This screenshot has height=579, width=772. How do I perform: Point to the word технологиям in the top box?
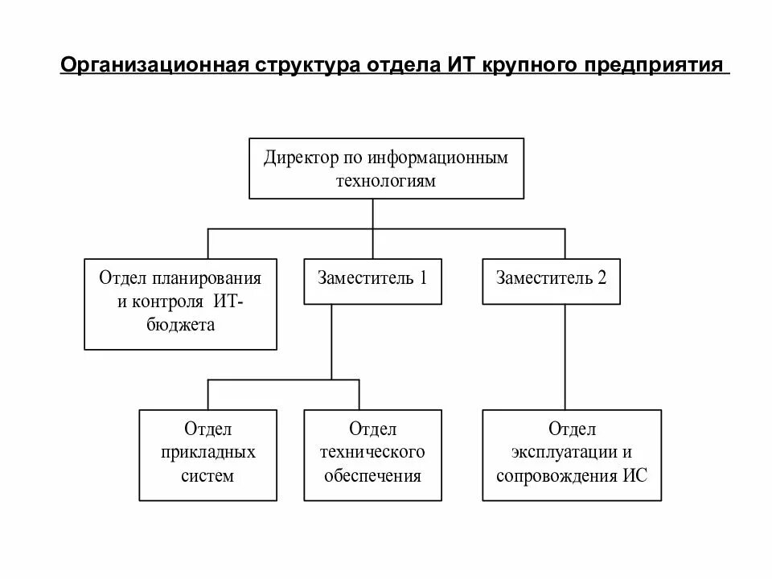coord(385,180)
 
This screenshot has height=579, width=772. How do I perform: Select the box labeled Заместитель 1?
coord(372,281)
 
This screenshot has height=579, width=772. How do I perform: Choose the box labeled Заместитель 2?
coord(551,281)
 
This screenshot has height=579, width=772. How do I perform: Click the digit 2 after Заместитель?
coord(602,278)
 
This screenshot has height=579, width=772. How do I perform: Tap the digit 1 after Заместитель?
coord(423,278)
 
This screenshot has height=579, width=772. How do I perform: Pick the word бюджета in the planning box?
coord(181,325)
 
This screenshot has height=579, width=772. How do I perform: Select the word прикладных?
coord(208,452)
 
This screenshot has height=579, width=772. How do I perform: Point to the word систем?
coord(208,475)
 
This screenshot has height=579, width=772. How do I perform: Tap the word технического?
coord(372,452)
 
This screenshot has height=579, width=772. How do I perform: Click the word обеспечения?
coord(372,475)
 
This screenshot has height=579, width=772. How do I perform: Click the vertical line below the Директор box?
coord(372,214)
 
